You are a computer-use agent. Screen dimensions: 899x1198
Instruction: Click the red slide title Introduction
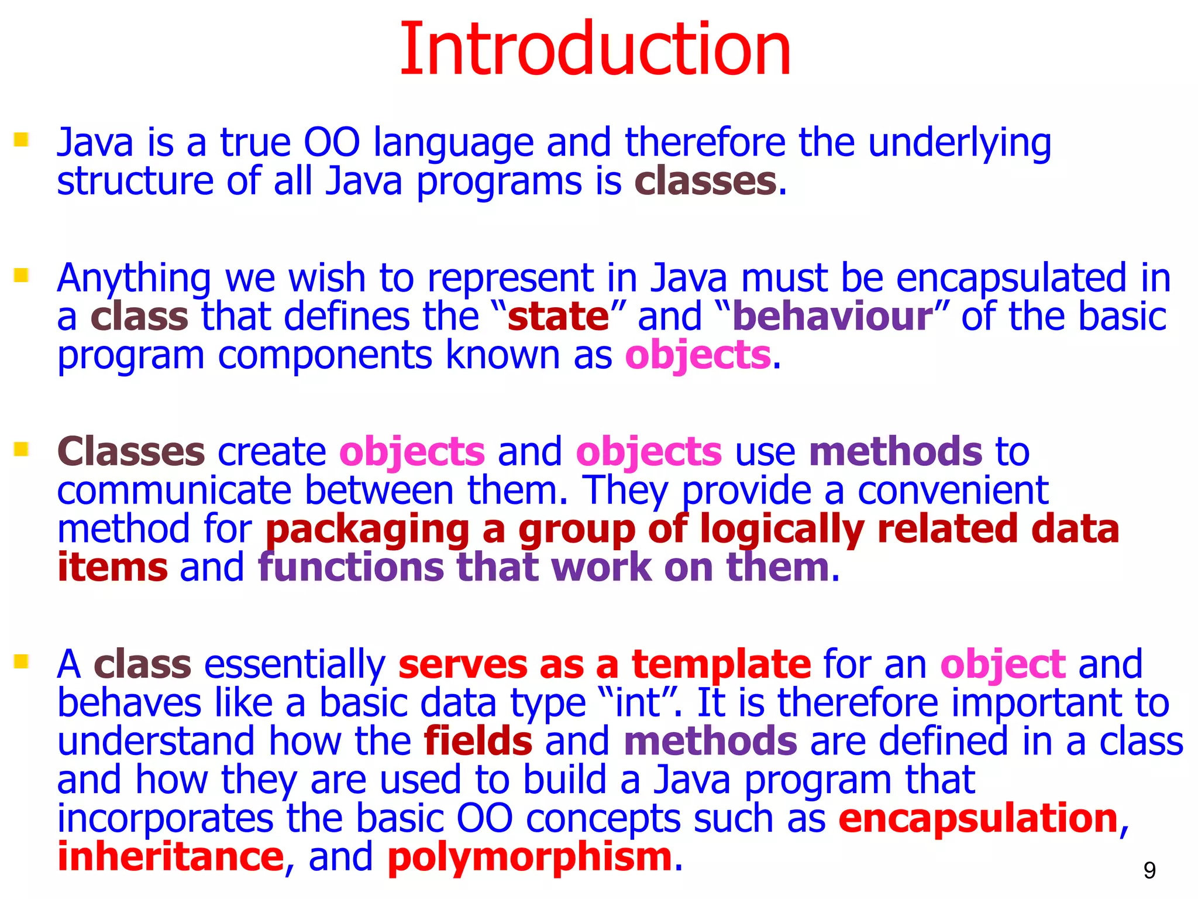click(595, 49)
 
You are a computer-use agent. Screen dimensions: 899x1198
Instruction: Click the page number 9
click(1149, 871)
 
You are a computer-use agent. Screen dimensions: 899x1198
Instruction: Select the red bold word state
click(559, 317)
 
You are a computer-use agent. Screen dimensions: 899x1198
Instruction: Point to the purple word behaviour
click(832, 317)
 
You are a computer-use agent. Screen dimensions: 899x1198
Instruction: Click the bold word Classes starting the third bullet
click(131, 452)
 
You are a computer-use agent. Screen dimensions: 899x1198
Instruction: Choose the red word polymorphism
click(529, 858)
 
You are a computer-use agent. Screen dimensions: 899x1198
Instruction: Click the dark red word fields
click(478, 741)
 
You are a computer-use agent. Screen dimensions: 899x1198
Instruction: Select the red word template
click(721, 665)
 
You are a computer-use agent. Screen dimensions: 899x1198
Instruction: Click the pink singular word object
click(1003, 665)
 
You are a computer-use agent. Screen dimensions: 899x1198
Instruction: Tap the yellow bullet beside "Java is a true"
click(22, 140)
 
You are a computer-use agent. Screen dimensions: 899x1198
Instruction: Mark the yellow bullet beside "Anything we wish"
click(22, 275)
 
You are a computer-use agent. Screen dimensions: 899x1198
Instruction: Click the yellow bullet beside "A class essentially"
click(22, 662)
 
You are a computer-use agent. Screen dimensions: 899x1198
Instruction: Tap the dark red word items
click(112, 568)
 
